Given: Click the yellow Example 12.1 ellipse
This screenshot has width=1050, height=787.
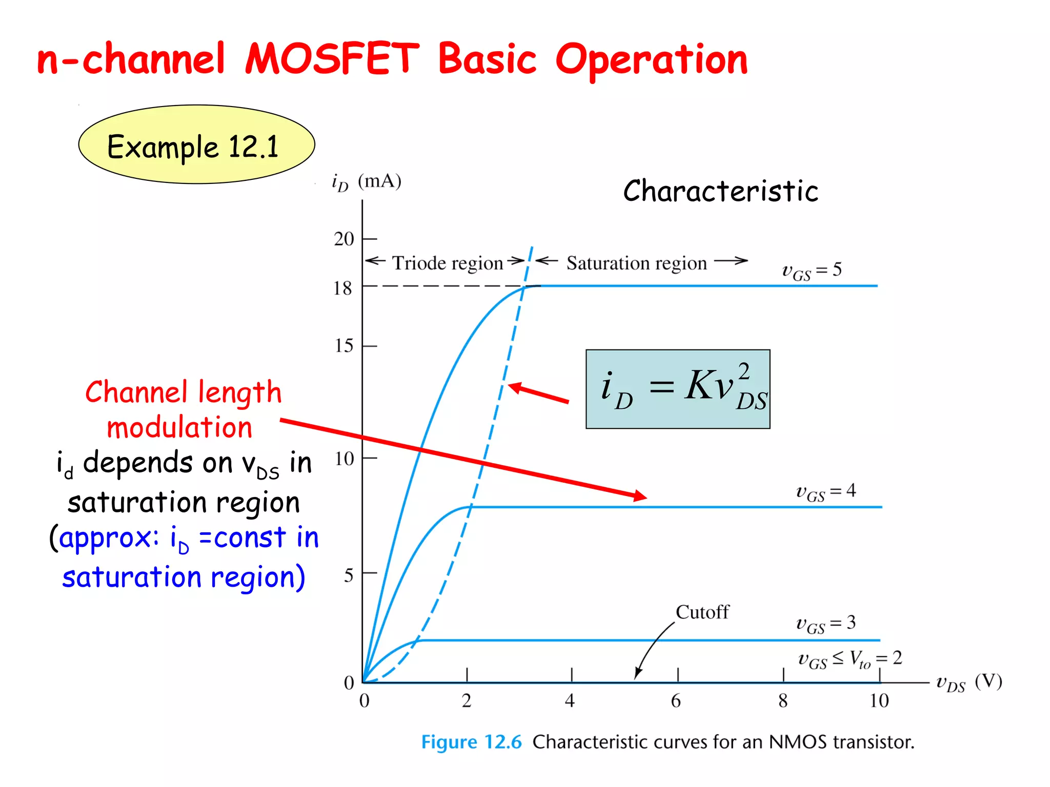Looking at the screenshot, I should pos(196,144).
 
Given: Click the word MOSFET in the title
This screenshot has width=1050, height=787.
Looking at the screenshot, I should pos(332,59).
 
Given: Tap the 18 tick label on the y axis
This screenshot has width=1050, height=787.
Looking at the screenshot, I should pos(342,288).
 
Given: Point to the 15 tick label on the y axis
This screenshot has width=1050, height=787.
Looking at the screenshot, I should pos(344,346).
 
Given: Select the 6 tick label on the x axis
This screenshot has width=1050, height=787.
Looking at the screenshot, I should pos(676,701).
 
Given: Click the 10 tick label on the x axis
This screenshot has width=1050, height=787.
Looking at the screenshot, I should pos(879,701).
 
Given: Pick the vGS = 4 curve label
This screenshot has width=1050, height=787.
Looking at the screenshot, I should pos(825,492).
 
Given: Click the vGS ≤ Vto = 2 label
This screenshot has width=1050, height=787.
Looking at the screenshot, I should pos(850,659).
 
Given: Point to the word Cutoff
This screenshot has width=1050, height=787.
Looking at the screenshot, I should pos(702,612).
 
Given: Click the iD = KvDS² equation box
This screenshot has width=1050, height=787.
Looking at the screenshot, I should pos(678,389).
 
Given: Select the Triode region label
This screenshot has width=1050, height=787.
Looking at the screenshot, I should pos(447,263).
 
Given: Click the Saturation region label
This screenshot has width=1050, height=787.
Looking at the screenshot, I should pos(636,263).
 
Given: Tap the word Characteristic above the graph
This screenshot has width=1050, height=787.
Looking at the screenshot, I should pos(720,192).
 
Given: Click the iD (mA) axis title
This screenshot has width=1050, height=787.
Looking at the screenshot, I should pos(366,182).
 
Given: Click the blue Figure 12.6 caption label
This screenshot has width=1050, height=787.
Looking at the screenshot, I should pos(471,742).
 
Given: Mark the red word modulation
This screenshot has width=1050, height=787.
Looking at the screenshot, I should pos(179,428).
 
